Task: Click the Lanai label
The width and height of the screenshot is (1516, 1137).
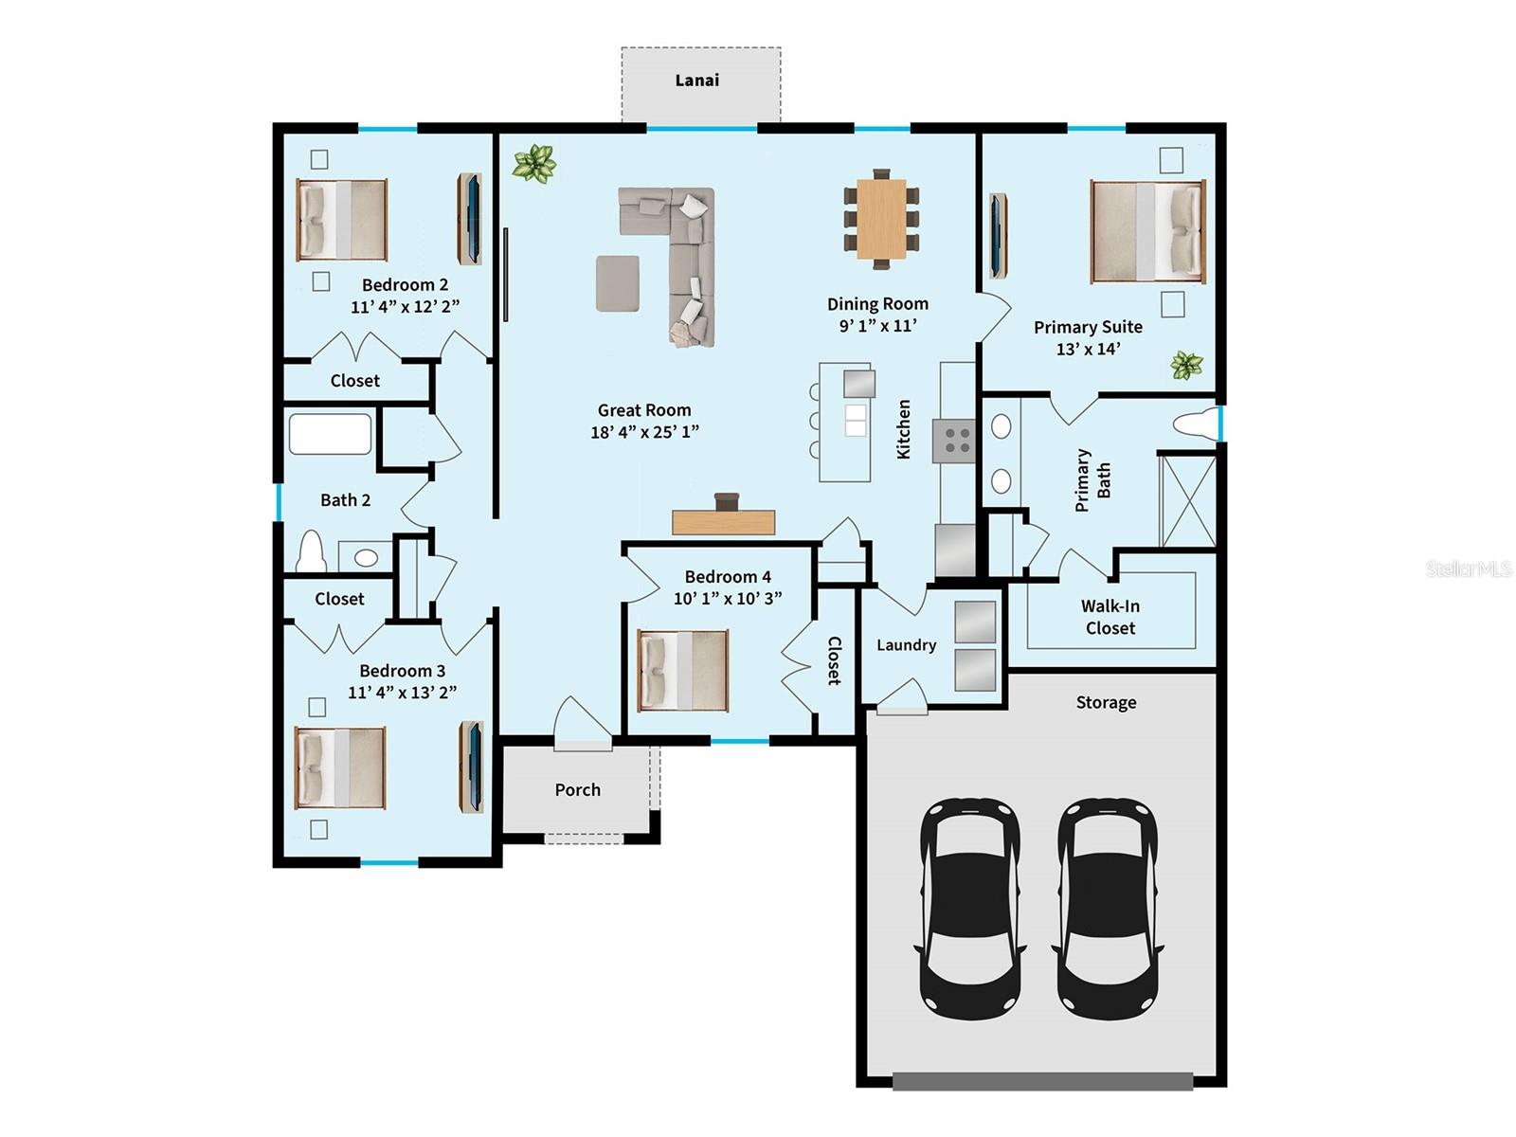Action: point(696,81)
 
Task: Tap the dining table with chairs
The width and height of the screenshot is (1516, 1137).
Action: point(881,219)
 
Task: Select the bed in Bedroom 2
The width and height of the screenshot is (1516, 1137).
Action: point(341,220)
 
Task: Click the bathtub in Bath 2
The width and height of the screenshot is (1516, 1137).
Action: point(330,434)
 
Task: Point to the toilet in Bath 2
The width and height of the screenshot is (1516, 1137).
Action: point(311,553)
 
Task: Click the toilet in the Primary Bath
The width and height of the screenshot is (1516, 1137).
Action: point(1196,425)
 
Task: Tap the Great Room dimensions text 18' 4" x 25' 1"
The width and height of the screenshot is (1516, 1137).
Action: point(644,432)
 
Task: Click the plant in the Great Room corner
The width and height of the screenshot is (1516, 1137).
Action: point(534,163)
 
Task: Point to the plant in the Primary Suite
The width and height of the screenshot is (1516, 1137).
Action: point(1186,365)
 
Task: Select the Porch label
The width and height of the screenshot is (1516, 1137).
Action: point(577,790)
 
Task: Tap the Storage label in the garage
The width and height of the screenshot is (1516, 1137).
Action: point(1106,703)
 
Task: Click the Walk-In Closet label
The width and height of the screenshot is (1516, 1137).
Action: point(1110,617)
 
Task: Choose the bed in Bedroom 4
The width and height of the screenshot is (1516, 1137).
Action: point(682,671)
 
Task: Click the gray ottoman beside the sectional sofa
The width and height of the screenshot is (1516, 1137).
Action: point(617,282)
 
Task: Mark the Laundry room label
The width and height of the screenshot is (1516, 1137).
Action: point(906,645)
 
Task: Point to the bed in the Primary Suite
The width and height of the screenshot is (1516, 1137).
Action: point(1147,231)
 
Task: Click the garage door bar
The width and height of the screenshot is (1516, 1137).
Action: point(1042,1081)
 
